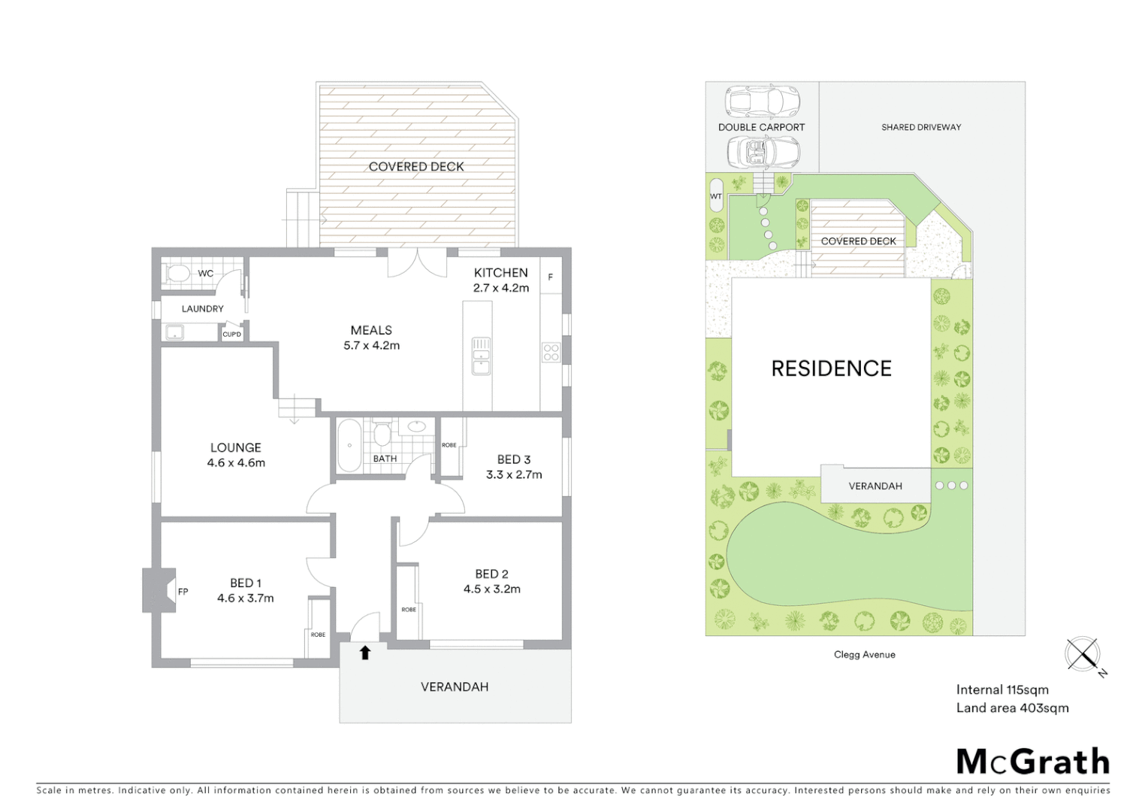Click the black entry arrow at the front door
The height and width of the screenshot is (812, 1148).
coord(365,653)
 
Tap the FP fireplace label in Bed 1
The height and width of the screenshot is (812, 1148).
coord(183,592)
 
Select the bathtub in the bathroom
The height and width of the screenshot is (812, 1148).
coord(348,445)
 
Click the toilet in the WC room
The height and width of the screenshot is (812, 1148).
coord(178,273)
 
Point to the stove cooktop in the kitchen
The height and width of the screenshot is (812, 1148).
coord(551,352)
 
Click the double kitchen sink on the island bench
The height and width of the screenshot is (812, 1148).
coord(481,356)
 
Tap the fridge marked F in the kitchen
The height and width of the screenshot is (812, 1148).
coord(550,277)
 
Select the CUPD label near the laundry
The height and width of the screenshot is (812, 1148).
coord(231,334)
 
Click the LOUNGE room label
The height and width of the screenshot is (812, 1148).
coord(236,447)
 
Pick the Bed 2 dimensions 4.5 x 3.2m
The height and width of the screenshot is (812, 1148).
coord(492,589)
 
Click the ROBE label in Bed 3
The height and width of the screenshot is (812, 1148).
coord(449,445)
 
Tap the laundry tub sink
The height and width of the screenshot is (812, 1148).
coord(175,332)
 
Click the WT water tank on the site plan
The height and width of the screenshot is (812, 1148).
coord(715,195)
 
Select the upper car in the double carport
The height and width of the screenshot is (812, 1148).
coord(762,100)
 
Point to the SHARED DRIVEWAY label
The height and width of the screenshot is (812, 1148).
coord(921,127)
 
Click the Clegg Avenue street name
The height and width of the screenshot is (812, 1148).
coord(864,655)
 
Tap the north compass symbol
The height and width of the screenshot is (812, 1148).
coord(1083,654)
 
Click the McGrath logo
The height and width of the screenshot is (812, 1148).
coord(1032,762)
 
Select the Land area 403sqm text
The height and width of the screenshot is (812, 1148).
coord(1012,707)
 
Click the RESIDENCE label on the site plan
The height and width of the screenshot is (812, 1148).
coord(831,368)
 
